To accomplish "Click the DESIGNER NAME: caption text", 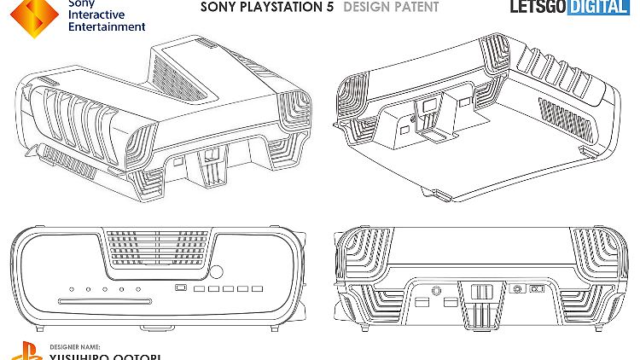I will (x=74, y=347).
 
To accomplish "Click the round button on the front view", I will (x=216, y=274).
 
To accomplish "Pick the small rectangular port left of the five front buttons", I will (x=180, y=287).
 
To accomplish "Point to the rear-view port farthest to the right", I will (x=537, y=289).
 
